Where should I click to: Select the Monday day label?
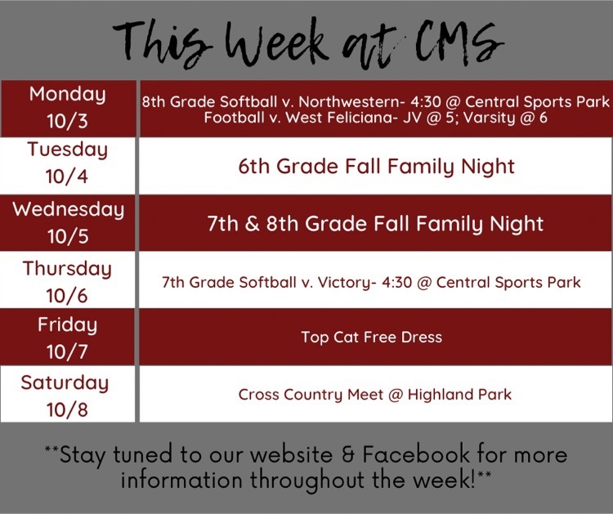tap(68, 95)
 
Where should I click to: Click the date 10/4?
tap(67, 177)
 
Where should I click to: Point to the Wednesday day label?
tap(69, 210)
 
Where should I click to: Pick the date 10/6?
tap(67, 296)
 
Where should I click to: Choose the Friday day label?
tap(67, 325)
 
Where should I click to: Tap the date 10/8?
tap(67, 410)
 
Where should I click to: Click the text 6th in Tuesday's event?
tap(254, 167)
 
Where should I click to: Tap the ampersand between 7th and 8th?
tap(253, 224)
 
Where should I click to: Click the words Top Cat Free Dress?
tap(371, 337)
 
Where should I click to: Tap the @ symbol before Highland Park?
tap(396, 396)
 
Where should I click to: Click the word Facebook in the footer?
tap(416, 454)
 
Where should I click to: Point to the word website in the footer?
tap(291, 454)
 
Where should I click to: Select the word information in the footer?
tap(181, 480)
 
